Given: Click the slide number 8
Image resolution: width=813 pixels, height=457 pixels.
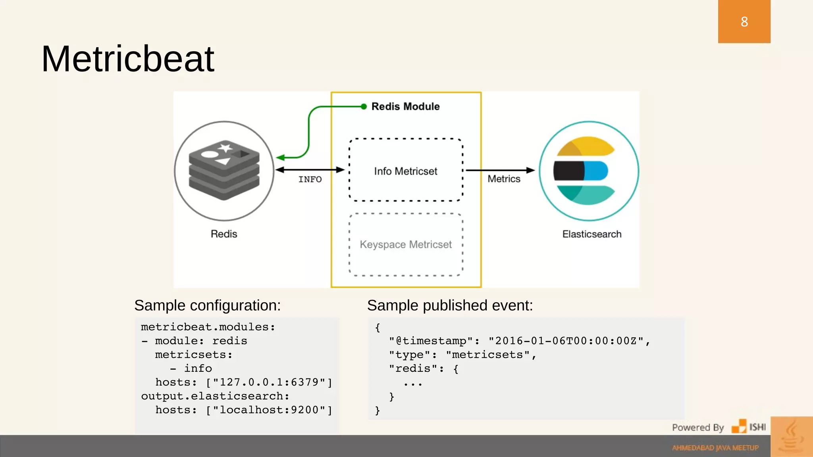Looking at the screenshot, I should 744,21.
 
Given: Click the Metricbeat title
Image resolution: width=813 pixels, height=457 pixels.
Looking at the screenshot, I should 127,59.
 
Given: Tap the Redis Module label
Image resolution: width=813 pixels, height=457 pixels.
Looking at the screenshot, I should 405,106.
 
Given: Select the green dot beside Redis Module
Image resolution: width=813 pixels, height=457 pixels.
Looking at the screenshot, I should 364,106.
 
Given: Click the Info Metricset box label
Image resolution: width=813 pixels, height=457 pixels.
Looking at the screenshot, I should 405,171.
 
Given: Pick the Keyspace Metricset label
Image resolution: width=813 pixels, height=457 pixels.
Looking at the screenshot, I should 405,244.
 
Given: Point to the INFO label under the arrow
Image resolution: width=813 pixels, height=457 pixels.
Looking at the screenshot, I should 310,179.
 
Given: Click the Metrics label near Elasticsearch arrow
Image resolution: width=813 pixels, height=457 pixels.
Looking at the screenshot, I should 504,179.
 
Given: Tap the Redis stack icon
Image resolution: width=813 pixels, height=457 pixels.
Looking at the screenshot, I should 224,170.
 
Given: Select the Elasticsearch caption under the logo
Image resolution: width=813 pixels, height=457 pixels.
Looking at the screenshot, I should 591,234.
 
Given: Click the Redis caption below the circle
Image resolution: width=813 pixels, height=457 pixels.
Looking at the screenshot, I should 224,234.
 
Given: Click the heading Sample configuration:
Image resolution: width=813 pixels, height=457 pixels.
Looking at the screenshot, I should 207,305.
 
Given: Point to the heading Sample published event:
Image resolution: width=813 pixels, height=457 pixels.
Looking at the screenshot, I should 450,305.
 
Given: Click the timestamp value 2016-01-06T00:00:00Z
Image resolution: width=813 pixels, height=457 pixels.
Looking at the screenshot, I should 566,341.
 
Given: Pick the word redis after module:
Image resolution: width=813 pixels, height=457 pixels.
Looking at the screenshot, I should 229,341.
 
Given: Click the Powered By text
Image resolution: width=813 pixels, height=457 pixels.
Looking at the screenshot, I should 697,427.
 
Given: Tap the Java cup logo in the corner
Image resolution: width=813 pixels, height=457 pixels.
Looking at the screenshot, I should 791,436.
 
